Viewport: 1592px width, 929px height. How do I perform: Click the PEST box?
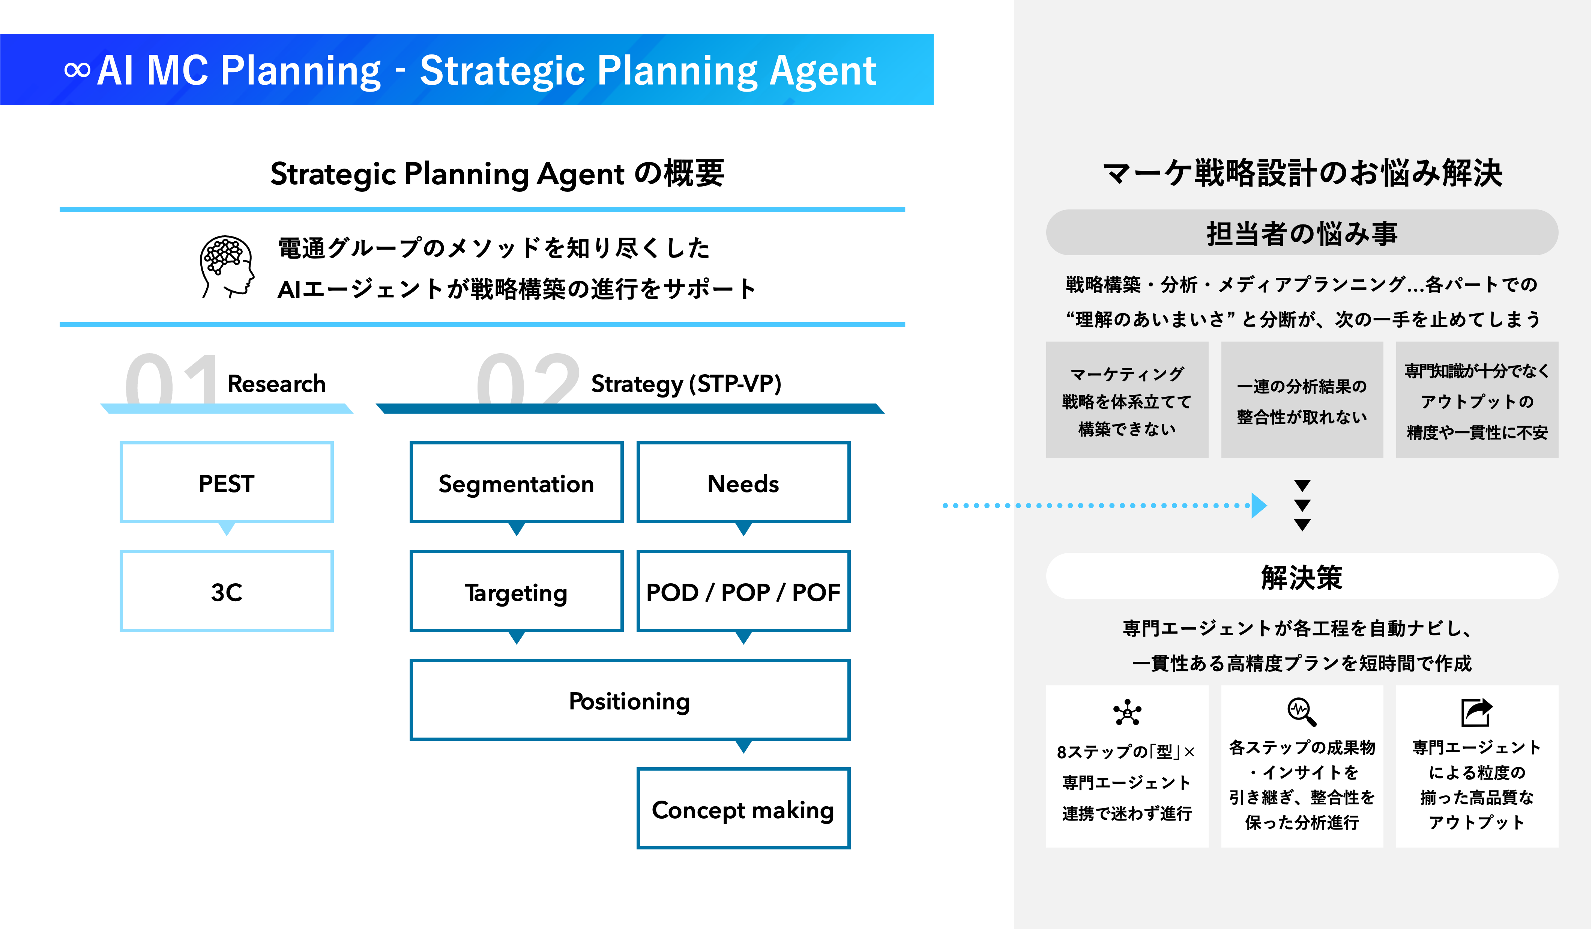coord(226,483)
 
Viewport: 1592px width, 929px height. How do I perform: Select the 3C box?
coord(226,592)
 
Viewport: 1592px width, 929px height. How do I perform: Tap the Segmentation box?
coord(516,483)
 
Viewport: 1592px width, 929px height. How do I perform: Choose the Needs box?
coord(743,483)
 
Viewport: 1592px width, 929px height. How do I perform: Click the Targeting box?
coord(516,592)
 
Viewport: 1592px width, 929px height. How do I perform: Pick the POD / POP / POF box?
coord(743,592)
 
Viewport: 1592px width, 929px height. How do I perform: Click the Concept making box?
coord(743,809)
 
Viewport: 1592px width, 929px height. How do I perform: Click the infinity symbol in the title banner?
coord(77,69)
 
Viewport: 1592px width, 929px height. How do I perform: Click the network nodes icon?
coord(1127,712)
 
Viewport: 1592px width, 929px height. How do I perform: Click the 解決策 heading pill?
coord(1301,577)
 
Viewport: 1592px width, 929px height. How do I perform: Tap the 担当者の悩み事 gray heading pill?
coord(1301,233)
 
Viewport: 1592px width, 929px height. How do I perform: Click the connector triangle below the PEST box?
coord(226,529)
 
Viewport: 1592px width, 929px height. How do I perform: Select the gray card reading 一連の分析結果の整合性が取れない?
coord(1301,400)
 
